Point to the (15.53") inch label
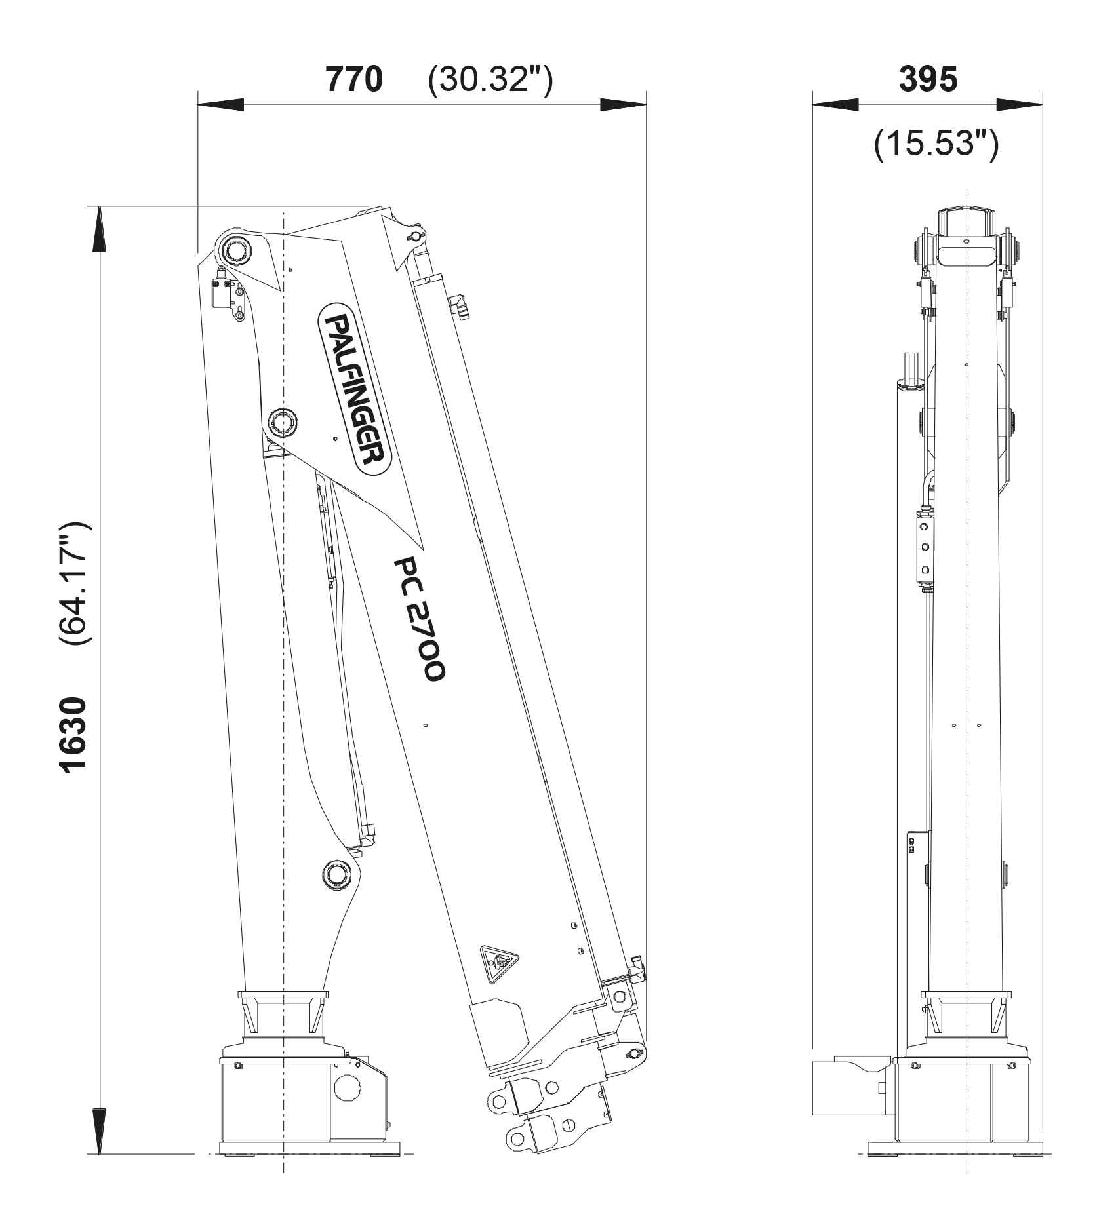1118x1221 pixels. [x=936, y=144]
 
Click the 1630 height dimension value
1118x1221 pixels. [x=72, y=735]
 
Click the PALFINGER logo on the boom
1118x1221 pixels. [x=355, y=387]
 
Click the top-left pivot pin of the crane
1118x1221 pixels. [x=235, y=250]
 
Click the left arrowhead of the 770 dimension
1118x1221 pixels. [x=220, y=104]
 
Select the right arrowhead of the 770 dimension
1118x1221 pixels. [x=624, y=104]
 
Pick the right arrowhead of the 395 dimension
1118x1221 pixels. [x=1020, y=104]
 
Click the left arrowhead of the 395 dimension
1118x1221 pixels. [x=835, y=104]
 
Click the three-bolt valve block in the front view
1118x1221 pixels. [x=924, y=548]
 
